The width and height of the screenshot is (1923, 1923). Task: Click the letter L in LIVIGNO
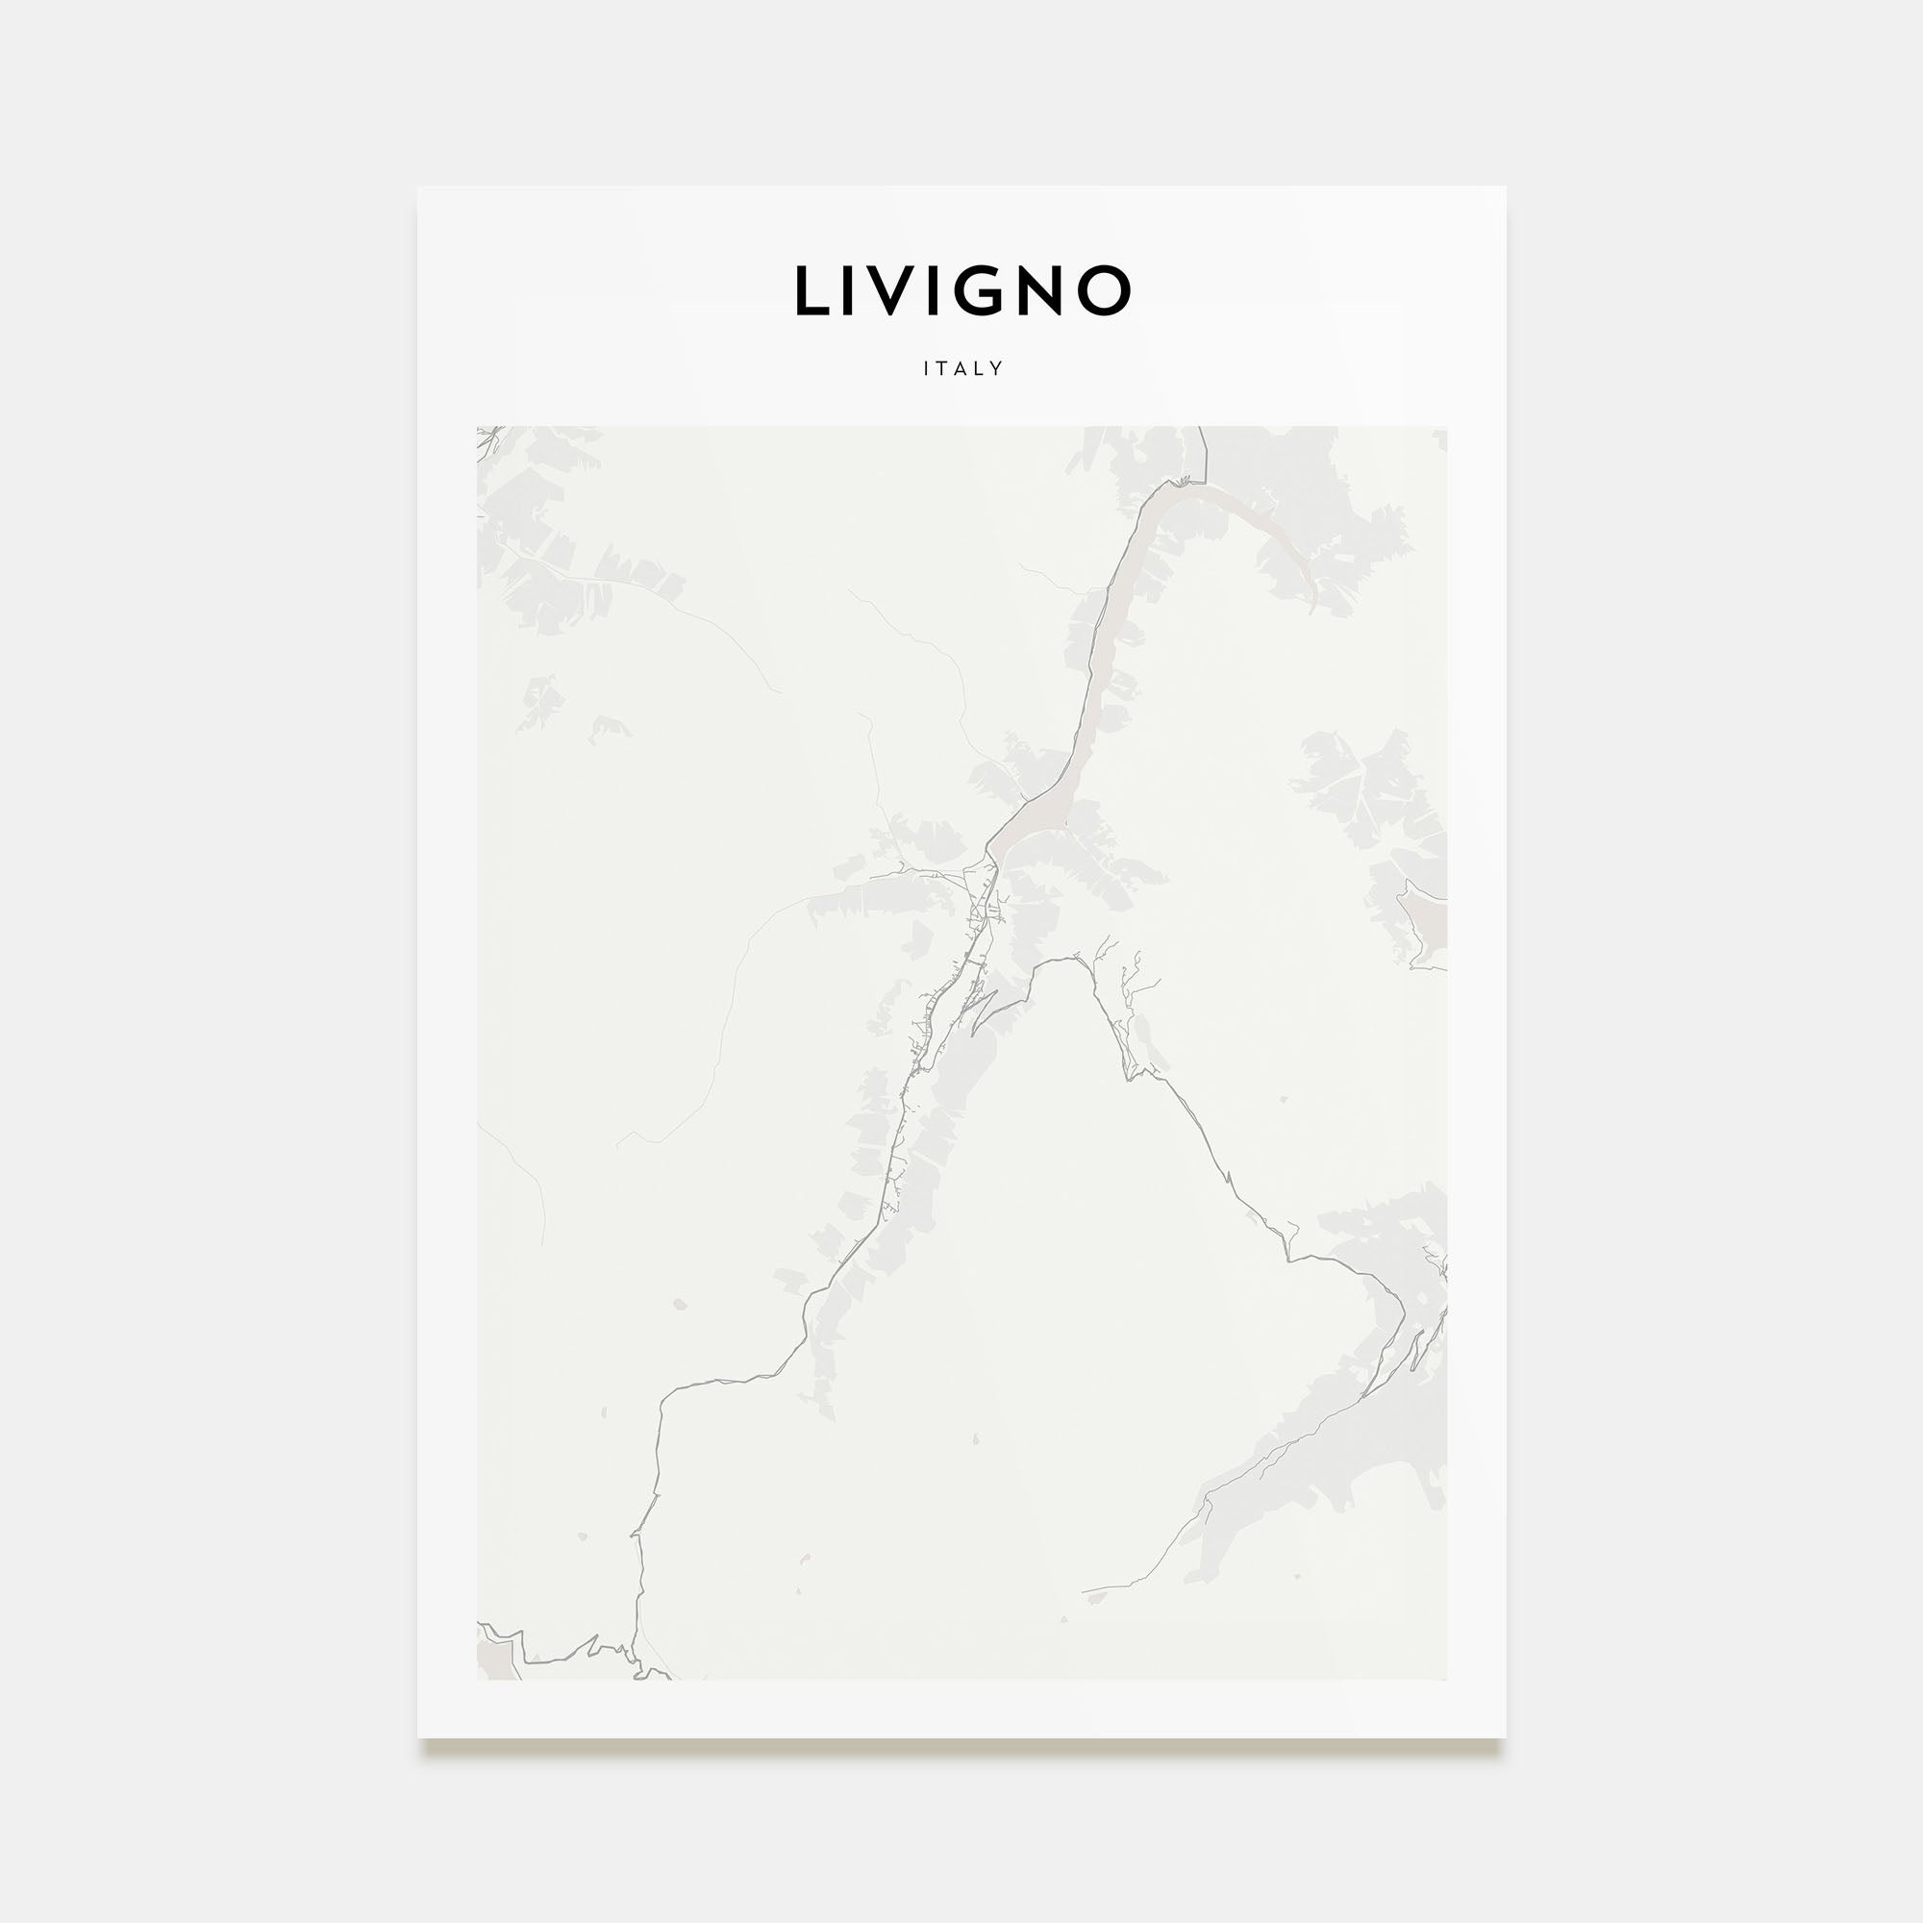[812, 291]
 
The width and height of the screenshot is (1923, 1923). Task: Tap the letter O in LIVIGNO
[1105, 291]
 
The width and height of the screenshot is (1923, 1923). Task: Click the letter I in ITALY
[927, 368]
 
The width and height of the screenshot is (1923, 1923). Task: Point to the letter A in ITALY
[961, 368]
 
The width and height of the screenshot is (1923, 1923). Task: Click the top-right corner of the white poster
[1504, 187]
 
